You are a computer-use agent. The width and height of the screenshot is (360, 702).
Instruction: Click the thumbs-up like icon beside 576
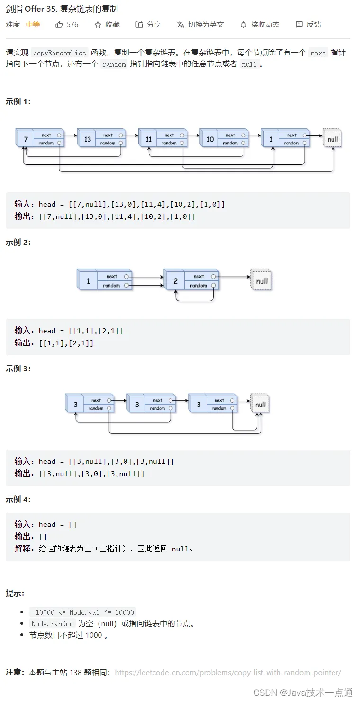[x=59, y=25]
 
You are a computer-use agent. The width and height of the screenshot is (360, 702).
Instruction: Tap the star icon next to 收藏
[x=98, y=25]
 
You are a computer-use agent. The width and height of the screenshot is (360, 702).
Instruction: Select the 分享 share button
[x=148, y=25]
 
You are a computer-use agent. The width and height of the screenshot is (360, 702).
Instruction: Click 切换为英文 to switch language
[x=200, y=25]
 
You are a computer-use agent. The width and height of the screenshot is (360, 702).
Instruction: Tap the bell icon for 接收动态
[x=243, y=25]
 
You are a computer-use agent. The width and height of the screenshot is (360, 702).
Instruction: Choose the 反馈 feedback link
[x=308, y=25]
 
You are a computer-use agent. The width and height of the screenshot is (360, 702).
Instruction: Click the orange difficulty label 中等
[x=33, y=25]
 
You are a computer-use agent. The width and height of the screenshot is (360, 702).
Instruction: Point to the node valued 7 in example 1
[x=40, y=138]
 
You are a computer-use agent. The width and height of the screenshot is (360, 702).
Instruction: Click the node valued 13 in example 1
[x=101, y=138]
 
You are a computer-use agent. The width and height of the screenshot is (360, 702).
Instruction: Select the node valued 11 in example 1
[x=162, y=138]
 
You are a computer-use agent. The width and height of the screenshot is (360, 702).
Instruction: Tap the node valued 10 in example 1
[x=224, y=138]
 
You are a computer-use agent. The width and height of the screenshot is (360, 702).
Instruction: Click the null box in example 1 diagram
[x=332, y=138]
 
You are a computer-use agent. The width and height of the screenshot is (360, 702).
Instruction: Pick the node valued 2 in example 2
[x=191, y=279]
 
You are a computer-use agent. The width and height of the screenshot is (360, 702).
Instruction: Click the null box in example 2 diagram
[x=261, y=279]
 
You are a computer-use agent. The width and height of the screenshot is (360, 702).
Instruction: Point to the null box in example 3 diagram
[x=260, y=403]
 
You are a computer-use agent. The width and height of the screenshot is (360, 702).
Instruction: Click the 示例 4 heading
[x=18, y=499]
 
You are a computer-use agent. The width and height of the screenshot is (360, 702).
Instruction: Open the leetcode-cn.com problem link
[x=228, y=672]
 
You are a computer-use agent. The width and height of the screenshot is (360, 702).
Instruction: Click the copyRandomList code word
[x=60, y=53]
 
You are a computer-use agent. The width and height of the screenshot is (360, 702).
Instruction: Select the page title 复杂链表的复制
[x=89, y=9]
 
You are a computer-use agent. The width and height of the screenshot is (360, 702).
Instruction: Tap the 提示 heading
[x=15, y=593]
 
